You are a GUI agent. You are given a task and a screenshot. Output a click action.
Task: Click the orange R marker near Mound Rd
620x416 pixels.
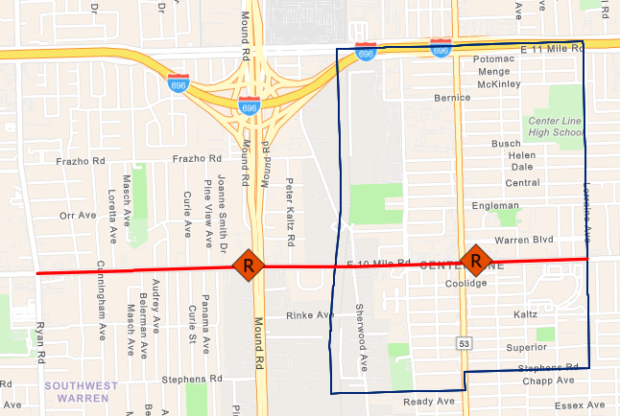(x=248, y=264)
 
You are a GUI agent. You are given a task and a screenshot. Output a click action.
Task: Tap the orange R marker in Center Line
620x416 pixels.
(x=475, y=259)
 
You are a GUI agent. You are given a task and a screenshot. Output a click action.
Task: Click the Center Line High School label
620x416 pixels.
(x=557, y=127)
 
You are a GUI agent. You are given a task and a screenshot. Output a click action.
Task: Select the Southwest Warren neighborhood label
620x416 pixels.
(x=81, y=391)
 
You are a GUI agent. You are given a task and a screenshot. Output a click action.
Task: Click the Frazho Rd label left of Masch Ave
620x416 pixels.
(x=79, y=161)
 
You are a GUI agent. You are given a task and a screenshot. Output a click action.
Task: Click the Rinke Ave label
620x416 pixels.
(x=310, y=314)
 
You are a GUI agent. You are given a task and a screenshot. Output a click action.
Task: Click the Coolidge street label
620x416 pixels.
(x=467, y=284)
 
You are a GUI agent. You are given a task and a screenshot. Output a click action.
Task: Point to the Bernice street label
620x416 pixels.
(x=452, y=97)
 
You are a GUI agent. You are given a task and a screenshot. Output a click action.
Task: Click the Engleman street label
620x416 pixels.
(x=495, y=205)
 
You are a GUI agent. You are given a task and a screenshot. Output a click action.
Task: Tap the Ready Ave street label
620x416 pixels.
(x=426, y=401)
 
